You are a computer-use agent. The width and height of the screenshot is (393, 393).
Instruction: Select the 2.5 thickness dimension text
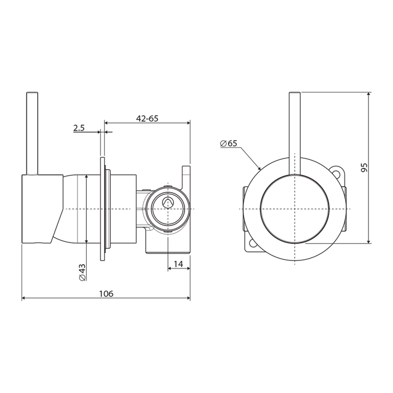coord(79,128)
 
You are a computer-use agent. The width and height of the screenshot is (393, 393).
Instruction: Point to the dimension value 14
coord(178,264)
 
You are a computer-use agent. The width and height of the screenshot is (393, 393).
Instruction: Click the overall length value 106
coord(106,294)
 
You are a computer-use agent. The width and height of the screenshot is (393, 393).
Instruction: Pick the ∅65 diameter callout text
coord(229,144)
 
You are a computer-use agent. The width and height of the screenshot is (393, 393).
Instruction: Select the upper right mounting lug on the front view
coord(339,174)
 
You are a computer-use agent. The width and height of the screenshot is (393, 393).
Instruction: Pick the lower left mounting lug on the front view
coord(252,246)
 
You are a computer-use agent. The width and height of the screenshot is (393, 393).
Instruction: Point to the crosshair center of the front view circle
coord(295,210)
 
